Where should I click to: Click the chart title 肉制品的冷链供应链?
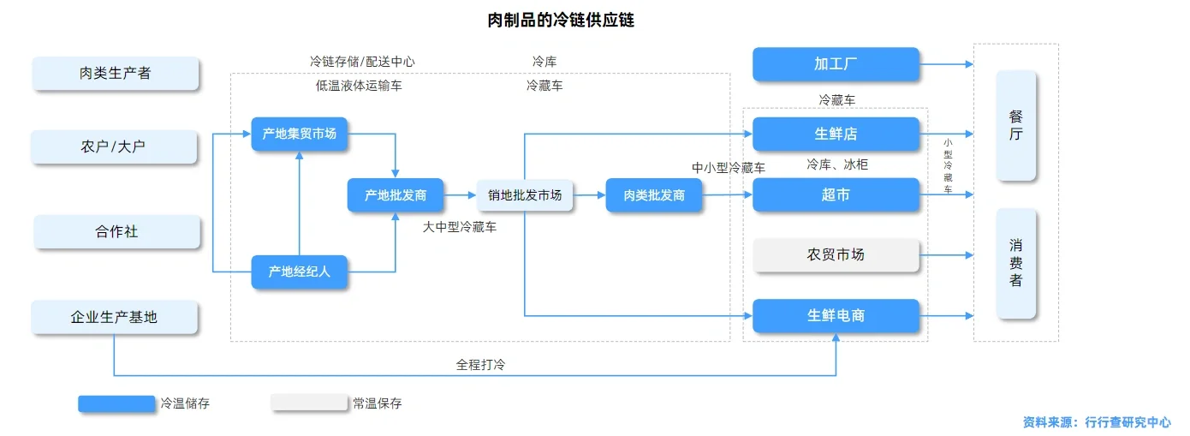pos(561,21)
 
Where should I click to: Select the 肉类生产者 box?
pos(116,74)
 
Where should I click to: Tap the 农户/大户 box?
pos(115,146)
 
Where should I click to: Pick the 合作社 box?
pos(116,232)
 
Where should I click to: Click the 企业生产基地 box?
pos(115,317)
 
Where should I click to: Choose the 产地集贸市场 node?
pos(299,134)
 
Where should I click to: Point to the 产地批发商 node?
pos(395,195)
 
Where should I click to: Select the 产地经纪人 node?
pos(299,272)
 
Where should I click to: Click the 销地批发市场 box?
pos(525,195)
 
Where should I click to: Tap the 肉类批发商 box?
pos(654,195)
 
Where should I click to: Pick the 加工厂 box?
pos(836,64)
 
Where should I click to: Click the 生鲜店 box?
pos(836,134)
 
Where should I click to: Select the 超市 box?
pos(836,195)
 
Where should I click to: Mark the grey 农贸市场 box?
pos(836,255)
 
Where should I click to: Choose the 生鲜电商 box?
pos(836,316)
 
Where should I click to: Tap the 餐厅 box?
pos(1015,126)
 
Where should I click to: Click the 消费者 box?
pos(1015,263)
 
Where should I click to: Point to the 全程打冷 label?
pos(480,364)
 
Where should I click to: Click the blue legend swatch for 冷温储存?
pos(116,403)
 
